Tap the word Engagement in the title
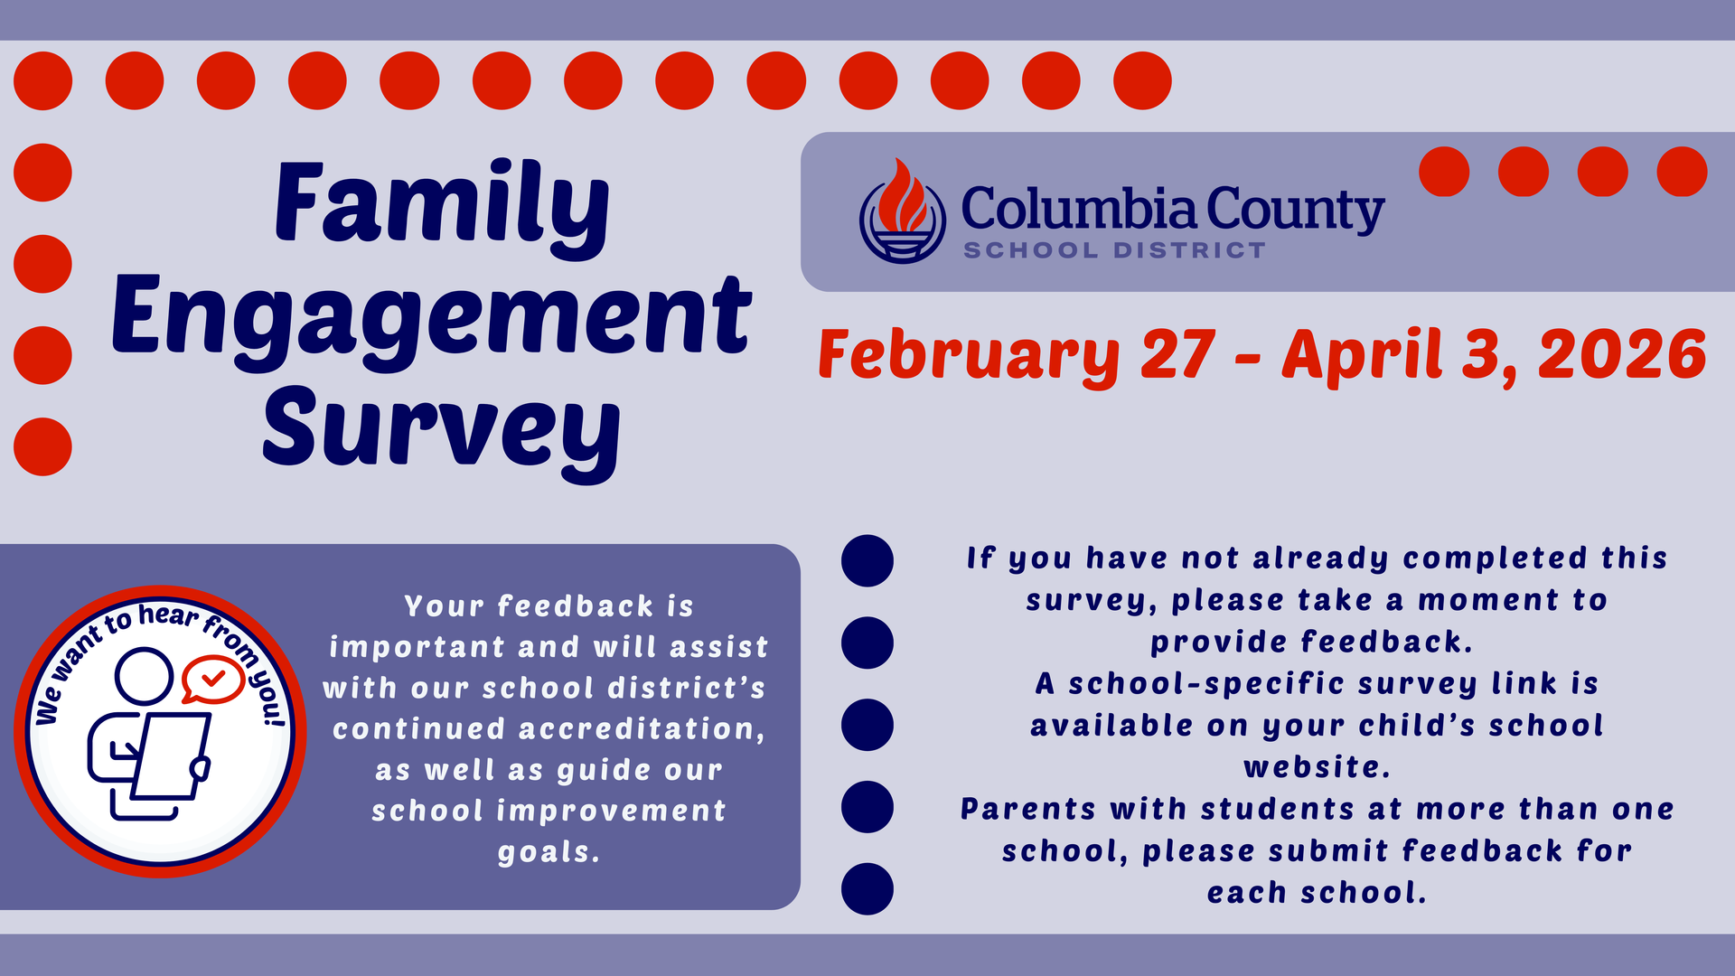431,316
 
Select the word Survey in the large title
441,428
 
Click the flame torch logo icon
902,211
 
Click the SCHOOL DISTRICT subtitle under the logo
1114,250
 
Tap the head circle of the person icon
144,675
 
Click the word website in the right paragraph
1316,767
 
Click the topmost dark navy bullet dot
867,561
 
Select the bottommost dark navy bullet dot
867,889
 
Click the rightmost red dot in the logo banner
1682,172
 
